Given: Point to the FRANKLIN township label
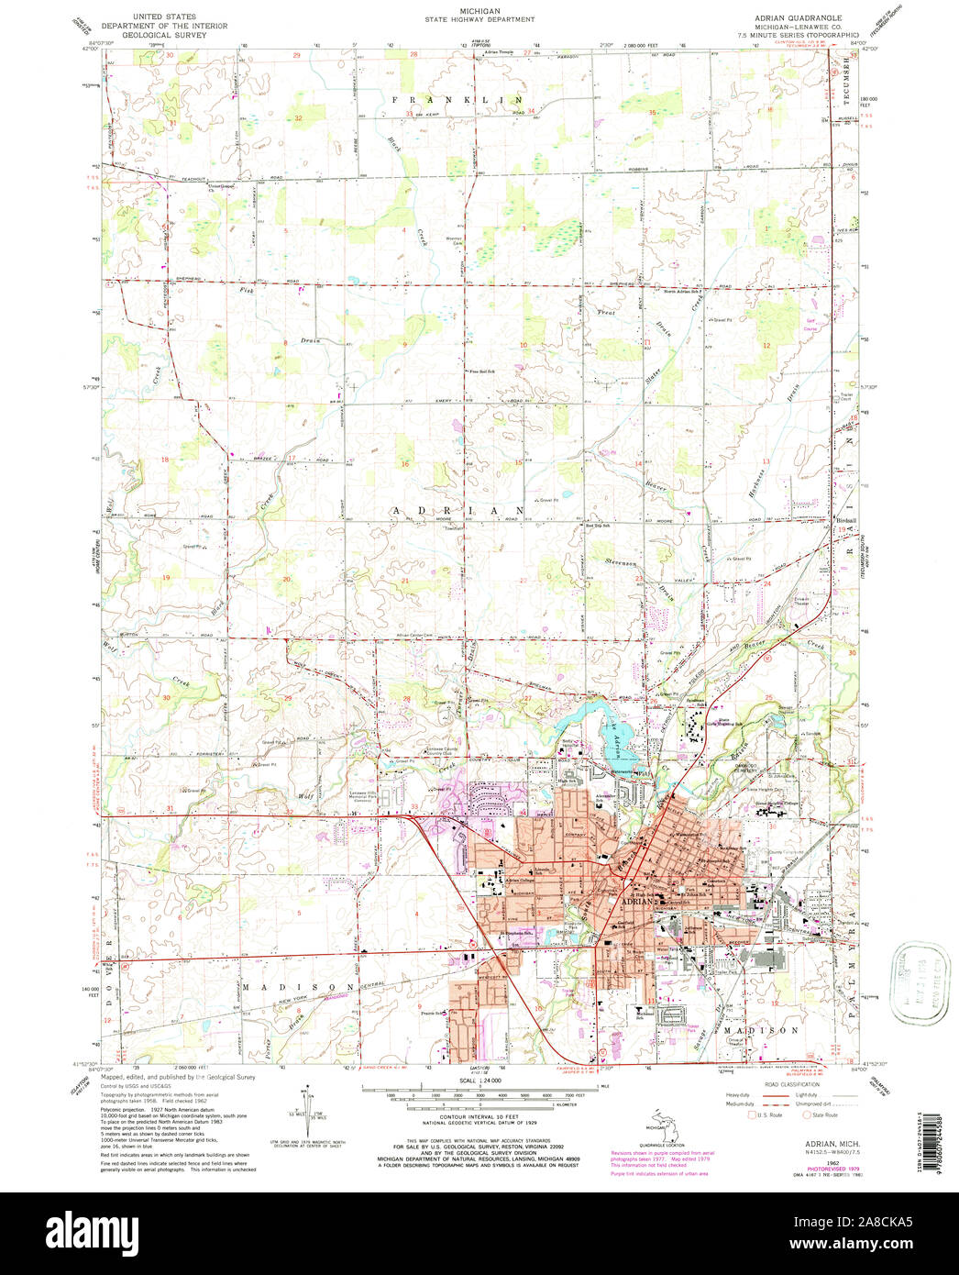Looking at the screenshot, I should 457,98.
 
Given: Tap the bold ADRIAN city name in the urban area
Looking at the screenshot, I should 639,901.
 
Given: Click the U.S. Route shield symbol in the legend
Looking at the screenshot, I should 754,1116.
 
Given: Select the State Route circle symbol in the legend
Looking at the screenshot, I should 808,1116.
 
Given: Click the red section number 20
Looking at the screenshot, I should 286,579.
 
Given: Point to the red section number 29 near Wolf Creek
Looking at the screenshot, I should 287,699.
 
